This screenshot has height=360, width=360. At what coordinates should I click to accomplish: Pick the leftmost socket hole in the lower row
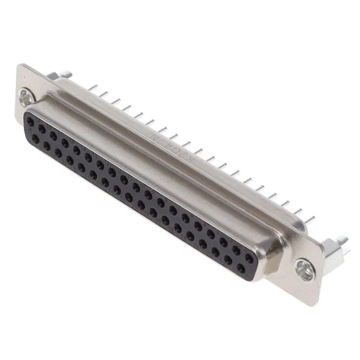tap(35, 138)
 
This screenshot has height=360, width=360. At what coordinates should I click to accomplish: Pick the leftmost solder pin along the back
tap(91, 88)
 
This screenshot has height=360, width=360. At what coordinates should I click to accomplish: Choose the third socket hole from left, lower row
tap(58, 152)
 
